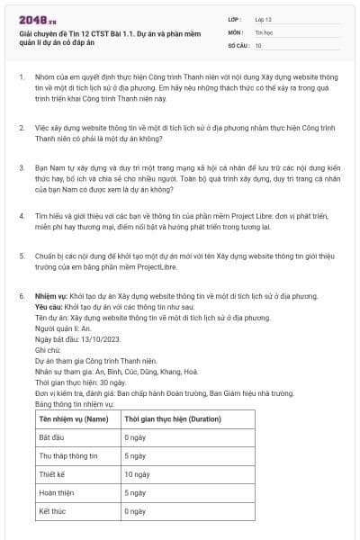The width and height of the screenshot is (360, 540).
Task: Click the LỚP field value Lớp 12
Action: point(264,19)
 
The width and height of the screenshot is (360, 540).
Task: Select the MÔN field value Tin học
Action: point(264,31)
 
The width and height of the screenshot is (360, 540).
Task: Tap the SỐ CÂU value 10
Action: point(258,44)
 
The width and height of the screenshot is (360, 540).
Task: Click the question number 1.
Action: point(22,78)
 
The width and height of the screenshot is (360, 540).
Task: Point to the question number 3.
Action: point(22,166)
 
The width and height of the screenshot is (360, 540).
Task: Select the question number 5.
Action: point(22,256)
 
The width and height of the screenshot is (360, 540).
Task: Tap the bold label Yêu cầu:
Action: point(50,306)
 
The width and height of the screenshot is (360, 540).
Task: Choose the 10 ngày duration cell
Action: point(137,473)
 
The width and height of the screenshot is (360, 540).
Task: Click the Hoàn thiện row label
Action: point(56,492)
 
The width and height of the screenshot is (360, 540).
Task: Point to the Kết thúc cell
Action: point(52,511)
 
